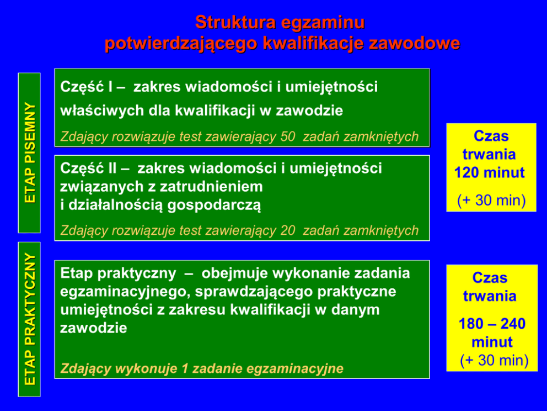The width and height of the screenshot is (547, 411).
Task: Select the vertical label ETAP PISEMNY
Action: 30,152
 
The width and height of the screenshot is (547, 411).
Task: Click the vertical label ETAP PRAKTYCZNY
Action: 30,319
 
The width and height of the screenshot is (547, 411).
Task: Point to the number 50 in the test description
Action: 288,136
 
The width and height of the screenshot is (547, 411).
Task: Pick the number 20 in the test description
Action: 288,230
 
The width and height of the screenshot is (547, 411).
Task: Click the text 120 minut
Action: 490,173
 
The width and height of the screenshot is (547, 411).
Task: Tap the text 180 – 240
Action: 492,324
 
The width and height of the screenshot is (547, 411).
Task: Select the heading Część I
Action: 87,87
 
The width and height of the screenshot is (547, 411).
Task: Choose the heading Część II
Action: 89,168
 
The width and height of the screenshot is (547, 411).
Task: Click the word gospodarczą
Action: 214,205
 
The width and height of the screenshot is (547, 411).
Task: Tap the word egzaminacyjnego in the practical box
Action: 125,292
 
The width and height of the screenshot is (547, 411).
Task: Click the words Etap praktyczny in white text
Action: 118,273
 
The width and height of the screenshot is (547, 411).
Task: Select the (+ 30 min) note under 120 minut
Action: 491,201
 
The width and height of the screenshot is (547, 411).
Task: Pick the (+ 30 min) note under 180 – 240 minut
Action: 494,360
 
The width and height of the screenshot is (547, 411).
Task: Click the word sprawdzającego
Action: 255,292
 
